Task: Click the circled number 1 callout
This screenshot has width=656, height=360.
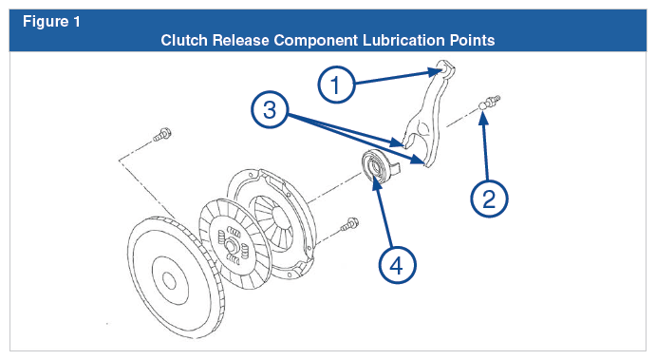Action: pos(336,85)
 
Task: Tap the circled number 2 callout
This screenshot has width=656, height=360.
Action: pos(489,199)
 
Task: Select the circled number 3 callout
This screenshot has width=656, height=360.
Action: pos(270,109)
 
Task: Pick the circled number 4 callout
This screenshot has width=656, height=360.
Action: pos(397,265)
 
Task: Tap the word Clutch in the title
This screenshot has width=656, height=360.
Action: pos(184,40)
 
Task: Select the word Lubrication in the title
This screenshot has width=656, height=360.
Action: pos(404,40)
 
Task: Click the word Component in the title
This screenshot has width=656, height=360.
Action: pos(316,41)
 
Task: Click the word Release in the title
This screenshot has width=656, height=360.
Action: pos(240,40)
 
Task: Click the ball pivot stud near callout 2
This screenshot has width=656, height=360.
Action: pos(489,103)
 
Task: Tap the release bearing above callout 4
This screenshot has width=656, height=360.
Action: pos(378,165)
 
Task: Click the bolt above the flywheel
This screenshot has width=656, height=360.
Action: pos(162,134)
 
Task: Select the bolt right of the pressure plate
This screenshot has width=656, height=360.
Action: pos(349,224)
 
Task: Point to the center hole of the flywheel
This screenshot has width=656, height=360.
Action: pos(169,281)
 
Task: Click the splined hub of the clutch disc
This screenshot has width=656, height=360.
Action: pos(229,244)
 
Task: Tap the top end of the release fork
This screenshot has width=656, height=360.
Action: pos(444,69)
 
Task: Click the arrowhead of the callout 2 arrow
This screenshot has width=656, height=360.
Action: pos(483,118)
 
